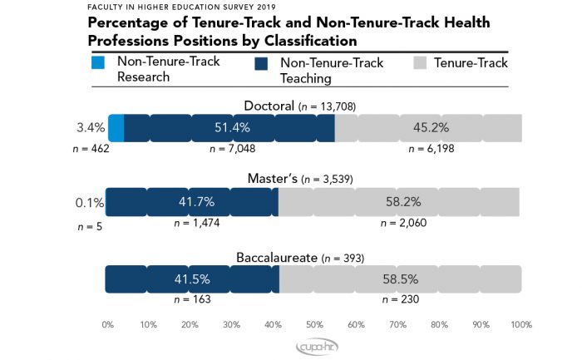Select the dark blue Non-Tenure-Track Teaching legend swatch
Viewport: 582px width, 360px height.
click(x=262, y=62)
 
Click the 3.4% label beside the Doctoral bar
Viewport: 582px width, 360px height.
click(x=90, y=128)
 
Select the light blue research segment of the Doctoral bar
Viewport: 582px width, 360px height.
click(x=116, y=128)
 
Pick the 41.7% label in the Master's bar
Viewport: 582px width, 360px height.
click(x=192, y=201)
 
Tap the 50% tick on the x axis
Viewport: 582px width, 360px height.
click(x=314, y=324)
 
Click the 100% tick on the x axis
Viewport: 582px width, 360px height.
click(x=520, y=324)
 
